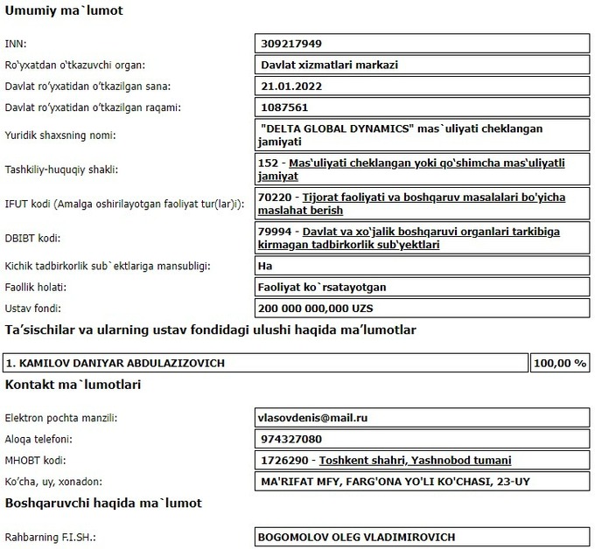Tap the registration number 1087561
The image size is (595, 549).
click(286, 108)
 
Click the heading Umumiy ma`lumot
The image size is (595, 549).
click(64, 11)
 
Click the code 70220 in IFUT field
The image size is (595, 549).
click(276, 198)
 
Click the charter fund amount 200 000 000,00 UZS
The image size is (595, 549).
click(316, 308)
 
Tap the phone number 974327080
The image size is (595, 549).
click(292, 439)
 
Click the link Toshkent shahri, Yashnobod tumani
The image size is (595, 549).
click(416, 460)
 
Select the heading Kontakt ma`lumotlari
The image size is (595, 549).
click(73, 384)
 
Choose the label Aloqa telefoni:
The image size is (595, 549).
click(40, 439)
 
